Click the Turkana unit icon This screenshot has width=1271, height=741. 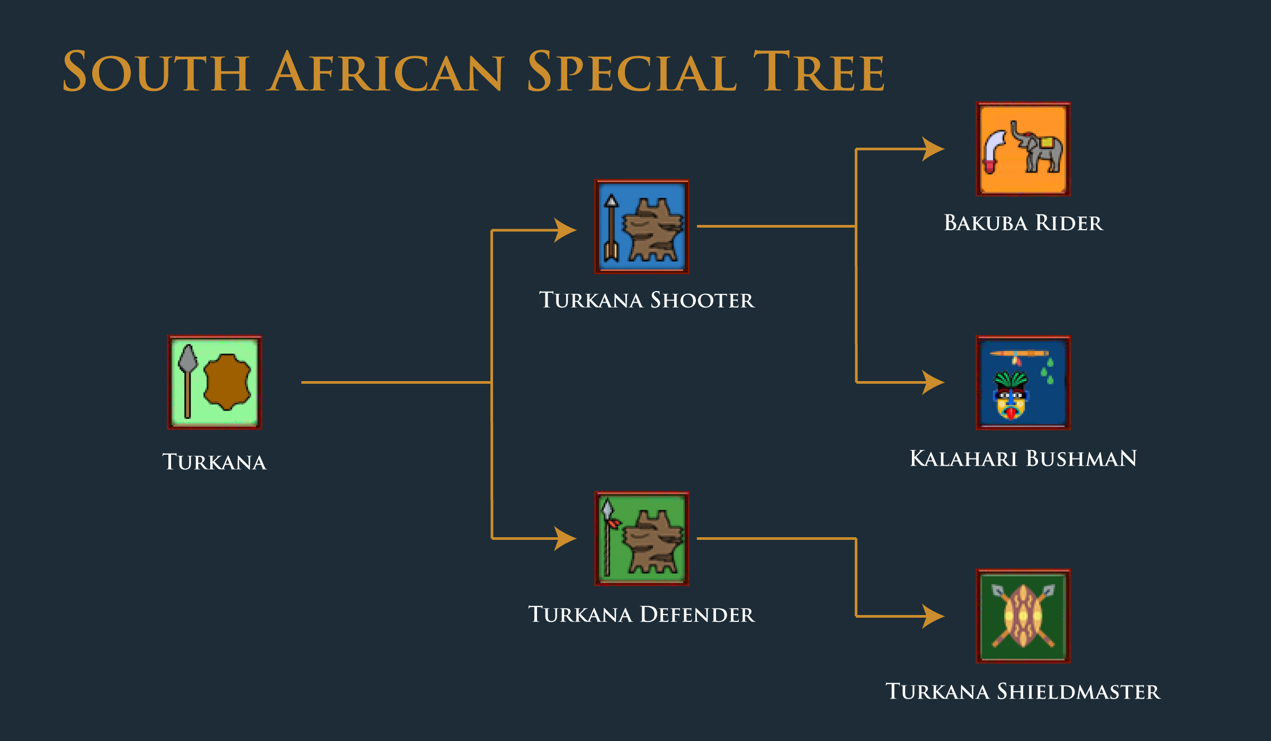[214, 382]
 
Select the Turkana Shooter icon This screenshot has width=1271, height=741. [641, 226]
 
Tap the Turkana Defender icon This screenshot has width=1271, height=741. [641, 538]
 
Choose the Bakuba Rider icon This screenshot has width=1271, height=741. [1023, 149]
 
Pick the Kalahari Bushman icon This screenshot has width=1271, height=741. [1023, 383]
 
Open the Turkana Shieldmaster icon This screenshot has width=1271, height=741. [1023, 616]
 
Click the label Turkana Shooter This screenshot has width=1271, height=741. [647, 300]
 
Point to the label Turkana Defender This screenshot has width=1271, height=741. [641, 615]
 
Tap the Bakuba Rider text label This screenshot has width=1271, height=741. [1024, 223]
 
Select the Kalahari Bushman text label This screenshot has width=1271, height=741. [1023, 458]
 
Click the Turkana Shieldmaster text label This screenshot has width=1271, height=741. [1023, 691]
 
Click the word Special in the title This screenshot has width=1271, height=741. [631, 71]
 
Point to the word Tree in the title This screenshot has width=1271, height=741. [819, 71]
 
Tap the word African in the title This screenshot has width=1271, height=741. [386, 71]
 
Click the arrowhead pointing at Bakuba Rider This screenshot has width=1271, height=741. [933, 149]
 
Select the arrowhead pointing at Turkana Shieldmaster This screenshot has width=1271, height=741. [933, 616]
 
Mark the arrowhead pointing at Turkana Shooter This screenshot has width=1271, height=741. [565, 230]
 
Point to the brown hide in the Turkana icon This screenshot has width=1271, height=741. [227, 382]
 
